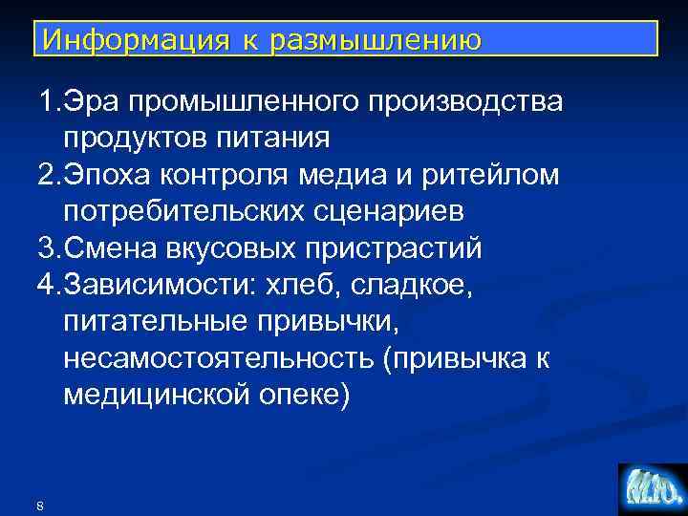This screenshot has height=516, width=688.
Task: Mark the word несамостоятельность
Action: (216, 358)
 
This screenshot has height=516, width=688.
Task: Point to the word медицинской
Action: (158, 395)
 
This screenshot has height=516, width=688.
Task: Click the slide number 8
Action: (38, 505)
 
